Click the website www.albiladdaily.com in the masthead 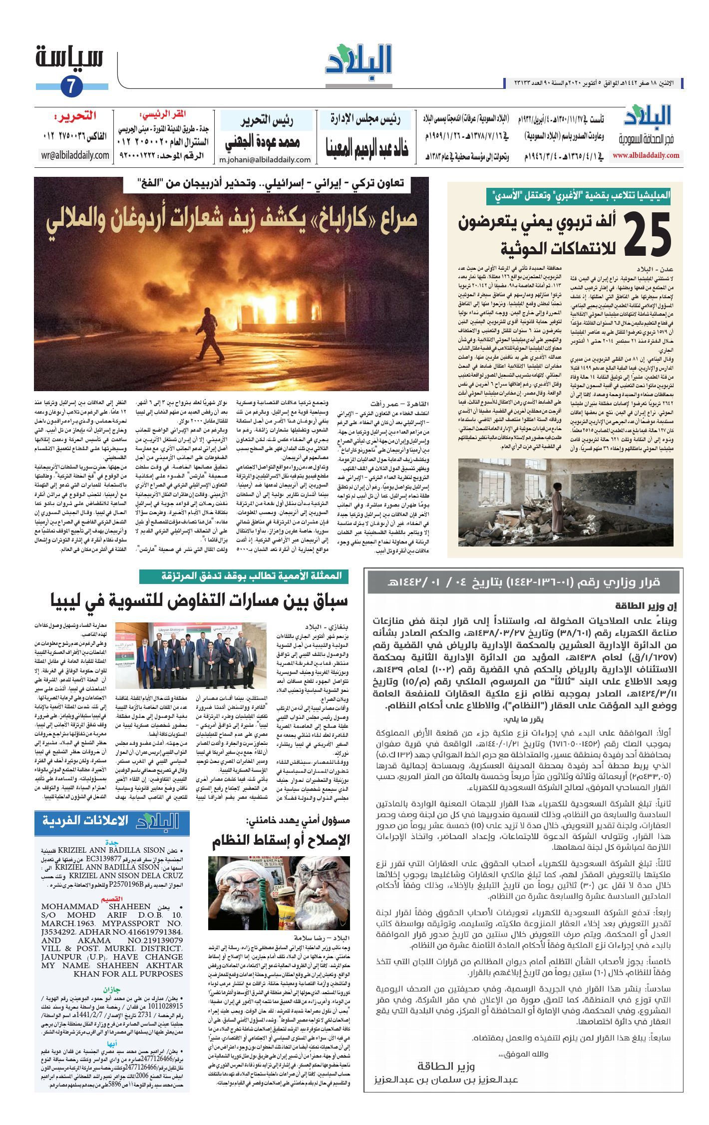point(646,155)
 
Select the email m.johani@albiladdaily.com point(265,160)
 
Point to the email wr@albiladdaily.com point(75,155)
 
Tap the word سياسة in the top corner point(69,57)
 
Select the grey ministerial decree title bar point(523,582)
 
